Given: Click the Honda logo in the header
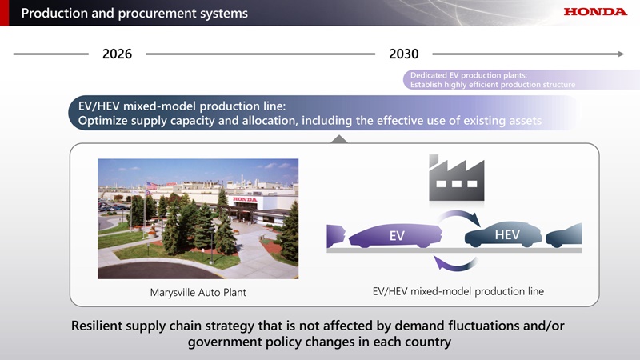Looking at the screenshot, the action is [x=595, y=11].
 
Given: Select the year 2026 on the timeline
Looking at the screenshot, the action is [x=117, y=54].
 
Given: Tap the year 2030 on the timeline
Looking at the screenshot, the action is [x=404, y=54].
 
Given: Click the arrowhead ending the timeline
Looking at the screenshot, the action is [x=621, y=54].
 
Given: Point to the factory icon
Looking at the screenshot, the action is [x=456, y=178].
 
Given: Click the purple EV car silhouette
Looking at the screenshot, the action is [x=395, y=235].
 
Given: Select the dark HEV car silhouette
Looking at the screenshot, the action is [x=503, y=234].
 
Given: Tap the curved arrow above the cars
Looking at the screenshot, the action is [x=462, y=215].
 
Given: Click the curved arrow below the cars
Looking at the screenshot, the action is [x=454, y=264].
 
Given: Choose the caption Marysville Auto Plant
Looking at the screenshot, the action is [x=198, y=292].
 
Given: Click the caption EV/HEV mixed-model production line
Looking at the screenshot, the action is [x=458, y=291].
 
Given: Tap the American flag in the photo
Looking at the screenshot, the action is [x=151, y=186].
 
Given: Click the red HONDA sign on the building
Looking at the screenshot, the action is [x=245, y=199].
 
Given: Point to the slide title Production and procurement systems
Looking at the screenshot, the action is [x=134, y=13].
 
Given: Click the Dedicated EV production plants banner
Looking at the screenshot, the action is [x=522, y=79].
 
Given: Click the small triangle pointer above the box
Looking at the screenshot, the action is [x=339, y=139].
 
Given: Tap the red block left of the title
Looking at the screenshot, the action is [x=4, y=13].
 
